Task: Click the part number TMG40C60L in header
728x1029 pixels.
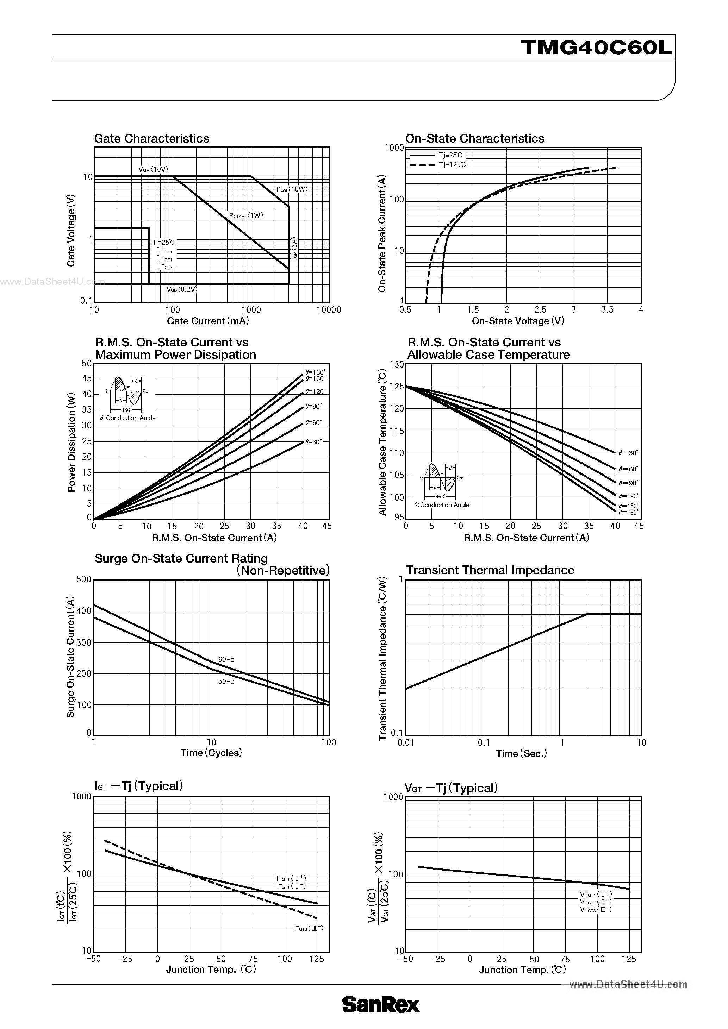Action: pos(596,48)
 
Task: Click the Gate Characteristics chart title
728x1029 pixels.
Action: pos(151,138)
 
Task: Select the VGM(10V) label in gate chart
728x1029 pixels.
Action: pos(153,169)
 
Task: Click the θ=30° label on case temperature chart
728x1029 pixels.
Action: pos(628,453)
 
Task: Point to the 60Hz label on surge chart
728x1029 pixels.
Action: pos(226,660)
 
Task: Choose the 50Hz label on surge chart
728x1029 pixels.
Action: pos(226,681)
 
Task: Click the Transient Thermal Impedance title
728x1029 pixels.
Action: pos(490,570)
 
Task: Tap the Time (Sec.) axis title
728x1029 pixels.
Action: pos(521,754)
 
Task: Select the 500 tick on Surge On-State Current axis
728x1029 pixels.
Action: pos(84,579)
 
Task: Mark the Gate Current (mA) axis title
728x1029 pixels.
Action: pos(207,321)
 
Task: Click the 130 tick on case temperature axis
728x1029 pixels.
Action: pos(397,364)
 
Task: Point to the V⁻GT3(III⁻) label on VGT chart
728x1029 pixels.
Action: pos(596,909)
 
